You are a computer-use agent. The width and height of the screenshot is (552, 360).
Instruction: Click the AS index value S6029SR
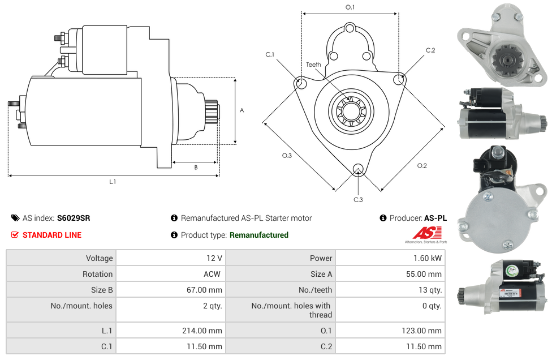click(x=74, y=218)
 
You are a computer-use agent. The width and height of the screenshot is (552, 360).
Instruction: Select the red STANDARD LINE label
click(x=51, y=235)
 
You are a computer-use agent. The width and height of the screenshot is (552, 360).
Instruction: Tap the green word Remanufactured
click(x=258, y=235)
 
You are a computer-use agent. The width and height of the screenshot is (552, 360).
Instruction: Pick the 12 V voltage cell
click(x=214, y=258)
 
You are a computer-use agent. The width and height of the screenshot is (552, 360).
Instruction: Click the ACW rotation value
click(x=213, y=274)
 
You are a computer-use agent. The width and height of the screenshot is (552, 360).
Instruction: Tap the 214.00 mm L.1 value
click(x=203, y=330)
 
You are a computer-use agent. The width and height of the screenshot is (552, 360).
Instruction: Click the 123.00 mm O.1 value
click(x=422, y=330)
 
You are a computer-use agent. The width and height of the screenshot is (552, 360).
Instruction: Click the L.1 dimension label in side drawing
click(x=113, y=182)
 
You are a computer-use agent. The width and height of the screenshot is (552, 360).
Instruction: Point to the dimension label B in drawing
click(x=196, y=168)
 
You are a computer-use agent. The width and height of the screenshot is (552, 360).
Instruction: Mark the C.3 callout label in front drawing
click(x=358, y=199)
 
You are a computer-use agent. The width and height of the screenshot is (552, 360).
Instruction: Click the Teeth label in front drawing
click(x=313, y=65)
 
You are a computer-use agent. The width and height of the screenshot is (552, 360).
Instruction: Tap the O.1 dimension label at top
click(x=350, y=7)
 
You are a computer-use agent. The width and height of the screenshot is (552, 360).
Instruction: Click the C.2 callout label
click(x=430, y=50)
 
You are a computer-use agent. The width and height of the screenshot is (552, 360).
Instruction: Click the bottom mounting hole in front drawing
click(x=357, y=169)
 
